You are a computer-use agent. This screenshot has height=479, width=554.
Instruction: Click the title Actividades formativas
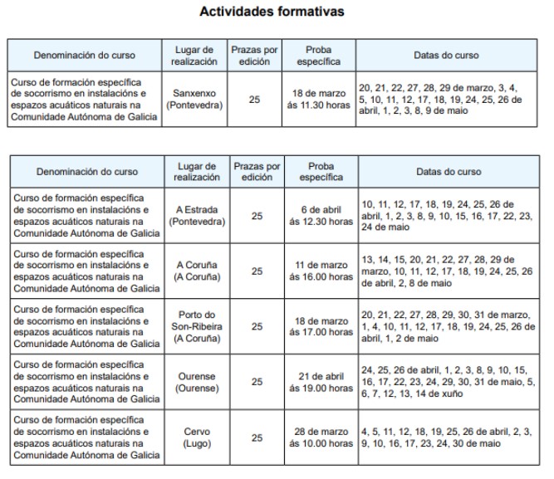click(x=272, y=12)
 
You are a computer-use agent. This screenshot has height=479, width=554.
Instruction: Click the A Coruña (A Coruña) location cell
click(x=197, y=271)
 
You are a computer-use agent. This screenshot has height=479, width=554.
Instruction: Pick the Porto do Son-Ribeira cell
click(x=197, y=326)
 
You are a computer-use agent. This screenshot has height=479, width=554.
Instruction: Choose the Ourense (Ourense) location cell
click(x=197, y=382)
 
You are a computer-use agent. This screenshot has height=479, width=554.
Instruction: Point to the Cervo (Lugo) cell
click(x=197, y=437)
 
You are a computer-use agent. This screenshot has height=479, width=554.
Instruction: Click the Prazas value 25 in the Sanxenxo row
click(x=255, y=100)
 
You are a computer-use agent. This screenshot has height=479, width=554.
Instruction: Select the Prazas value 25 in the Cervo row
click(x=257, y=437)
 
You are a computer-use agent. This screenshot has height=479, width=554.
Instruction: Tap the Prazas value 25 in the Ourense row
click(x=257, y=382)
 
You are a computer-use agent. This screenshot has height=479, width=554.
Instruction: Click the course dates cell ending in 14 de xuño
click(x=444, y=382)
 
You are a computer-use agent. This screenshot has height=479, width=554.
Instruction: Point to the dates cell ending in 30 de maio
click(x=444, y=437)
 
